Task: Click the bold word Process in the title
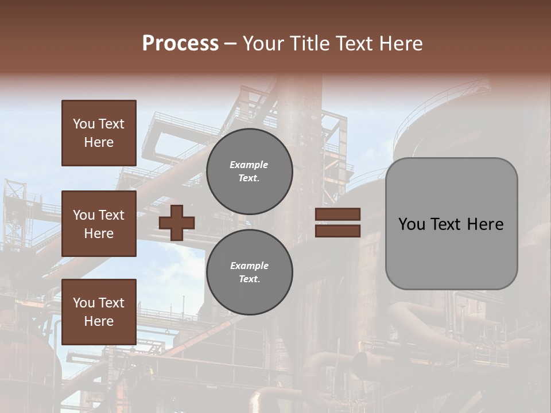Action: coord(180,44)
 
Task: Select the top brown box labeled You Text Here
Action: coord(99,133)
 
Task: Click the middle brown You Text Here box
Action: coord(99,224)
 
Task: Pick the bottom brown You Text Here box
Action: coord(99,312)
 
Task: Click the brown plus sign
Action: coord(177,223)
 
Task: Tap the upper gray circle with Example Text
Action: coord(249,172)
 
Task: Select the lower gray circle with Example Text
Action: coord(249,272)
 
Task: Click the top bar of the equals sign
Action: coord(337,214)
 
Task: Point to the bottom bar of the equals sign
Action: coord(337,231)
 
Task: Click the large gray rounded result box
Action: coord(451,252)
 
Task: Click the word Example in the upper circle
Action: coord(249,165)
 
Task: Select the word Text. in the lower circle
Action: coord(249,279)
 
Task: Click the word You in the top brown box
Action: coord(83,124)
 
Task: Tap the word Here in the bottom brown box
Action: coord(99,321)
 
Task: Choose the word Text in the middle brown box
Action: coord(111,215)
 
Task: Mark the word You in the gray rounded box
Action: coord(412,224)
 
